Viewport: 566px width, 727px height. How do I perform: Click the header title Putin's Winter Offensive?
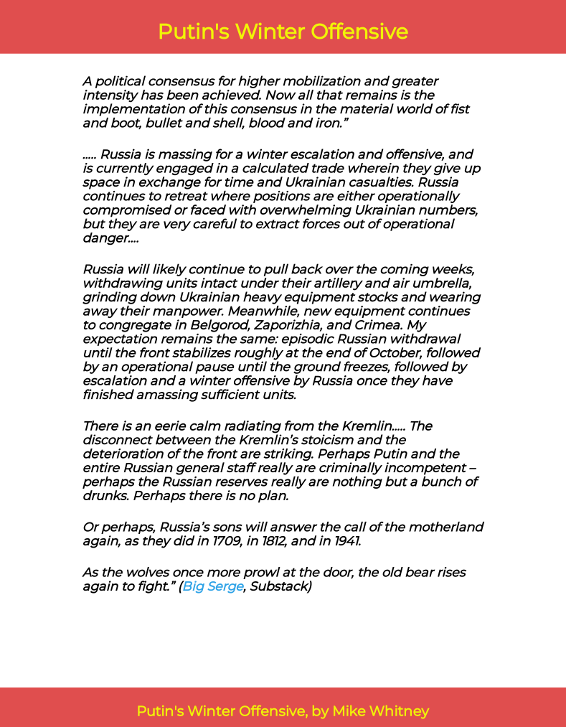[283, 32]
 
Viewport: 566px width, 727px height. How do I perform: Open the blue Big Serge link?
[213, 586]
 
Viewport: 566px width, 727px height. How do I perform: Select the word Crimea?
[372, 324]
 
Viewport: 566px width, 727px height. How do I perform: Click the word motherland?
[444, 527]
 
